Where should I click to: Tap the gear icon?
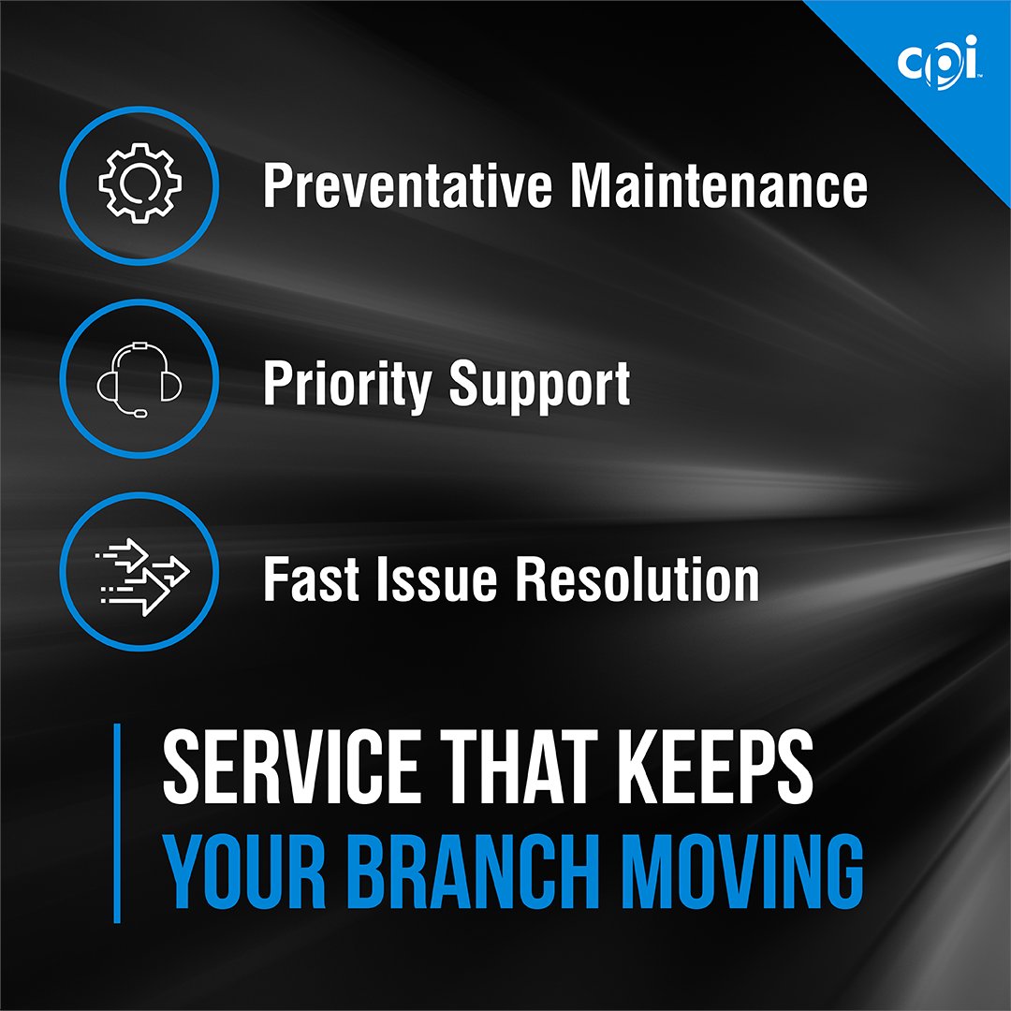139,184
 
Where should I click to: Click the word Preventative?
408,185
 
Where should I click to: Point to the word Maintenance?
719,185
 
